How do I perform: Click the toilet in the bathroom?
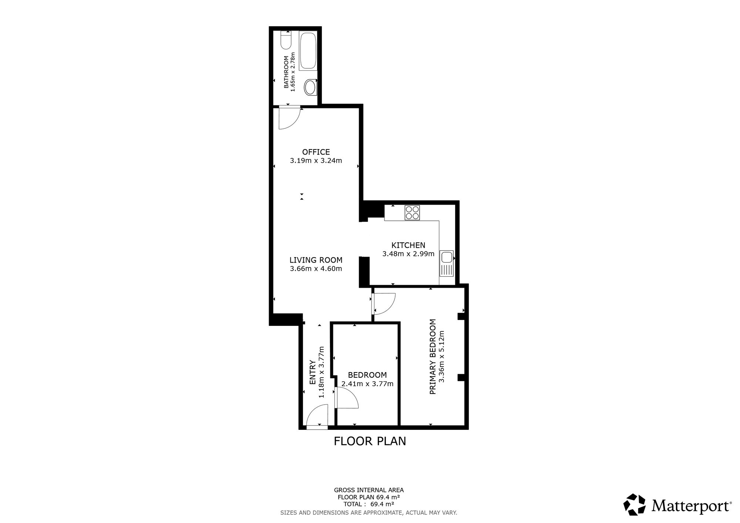click(286, 40)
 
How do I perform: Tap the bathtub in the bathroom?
click(308, 51)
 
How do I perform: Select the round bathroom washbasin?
click(310, 87)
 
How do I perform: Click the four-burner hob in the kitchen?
click(412, 213)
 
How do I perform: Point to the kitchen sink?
click(447, 263)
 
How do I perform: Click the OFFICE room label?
click(316, 152)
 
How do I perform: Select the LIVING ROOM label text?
click(316, 260)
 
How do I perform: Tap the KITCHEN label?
click(408, 245)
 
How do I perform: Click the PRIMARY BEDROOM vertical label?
click(433, 357)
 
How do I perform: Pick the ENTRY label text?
click(313, 372)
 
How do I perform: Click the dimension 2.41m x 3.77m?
click(367, 384)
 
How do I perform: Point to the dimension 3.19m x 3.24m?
click(316, 161)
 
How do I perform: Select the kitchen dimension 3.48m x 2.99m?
click(408, 254)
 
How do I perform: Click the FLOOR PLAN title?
click(370, 441)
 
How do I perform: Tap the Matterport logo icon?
click(635, 505)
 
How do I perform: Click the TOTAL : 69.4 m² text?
click(369, 504)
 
